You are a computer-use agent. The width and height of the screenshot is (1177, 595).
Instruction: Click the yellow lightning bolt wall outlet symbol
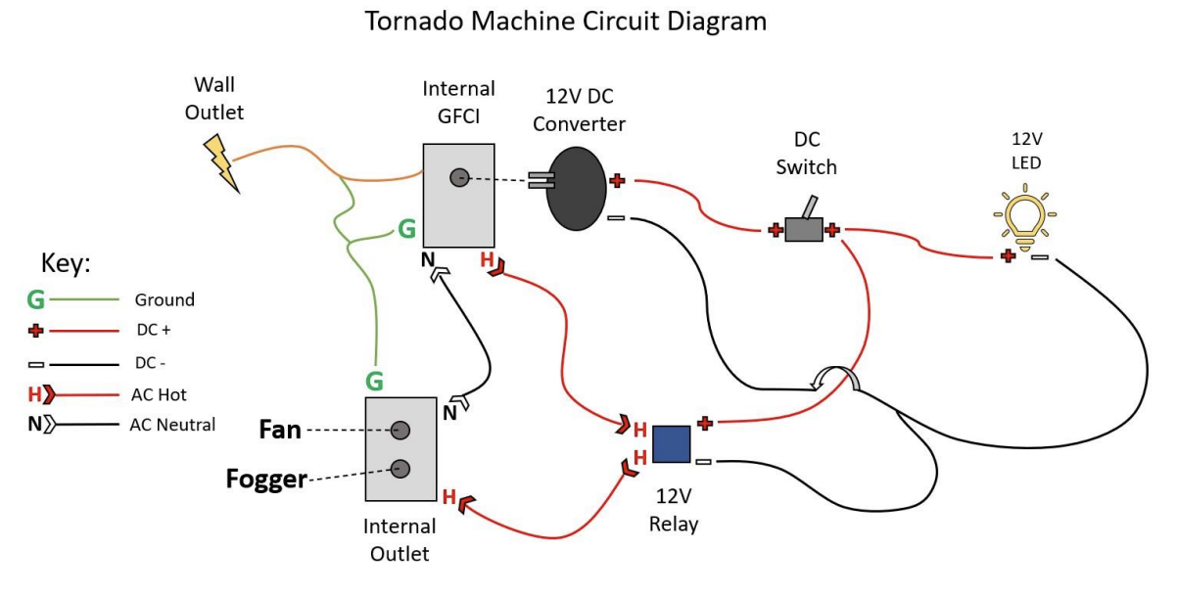point(222,163)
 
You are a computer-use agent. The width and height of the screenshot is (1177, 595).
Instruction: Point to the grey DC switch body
point(804,230)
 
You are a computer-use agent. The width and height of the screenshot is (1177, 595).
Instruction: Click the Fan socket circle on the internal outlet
point(400,430)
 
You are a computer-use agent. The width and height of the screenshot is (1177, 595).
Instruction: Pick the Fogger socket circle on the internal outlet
point(400,468)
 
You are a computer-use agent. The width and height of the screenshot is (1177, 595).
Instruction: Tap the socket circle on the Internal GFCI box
point(458,177)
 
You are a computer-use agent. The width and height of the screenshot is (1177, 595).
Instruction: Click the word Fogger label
point(266,480)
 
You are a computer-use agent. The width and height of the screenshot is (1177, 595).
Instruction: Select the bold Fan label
point(280,430)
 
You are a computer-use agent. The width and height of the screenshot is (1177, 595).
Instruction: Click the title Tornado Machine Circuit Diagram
point(566,22)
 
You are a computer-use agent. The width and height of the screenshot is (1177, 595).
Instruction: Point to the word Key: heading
point(66,263)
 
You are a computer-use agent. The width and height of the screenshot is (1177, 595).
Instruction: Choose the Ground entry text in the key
point(165,300)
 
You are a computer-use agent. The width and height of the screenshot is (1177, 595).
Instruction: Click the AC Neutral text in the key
point(172,425)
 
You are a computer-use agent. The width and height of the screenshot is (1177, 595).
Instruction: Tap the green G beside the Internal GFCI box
point(406,231)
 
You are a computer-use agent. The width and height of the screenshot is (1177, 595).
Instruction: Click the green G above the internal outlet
point(374,380)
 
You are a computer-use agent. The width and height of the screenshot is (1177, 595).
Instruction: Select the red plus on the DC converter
point(617,180)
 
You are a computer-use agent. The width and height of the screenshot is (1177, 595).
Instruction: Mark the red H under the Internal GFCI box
point(487,260)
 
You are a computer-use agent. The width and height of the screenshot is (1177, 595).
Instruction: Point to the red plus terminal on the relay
point(704,423)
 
